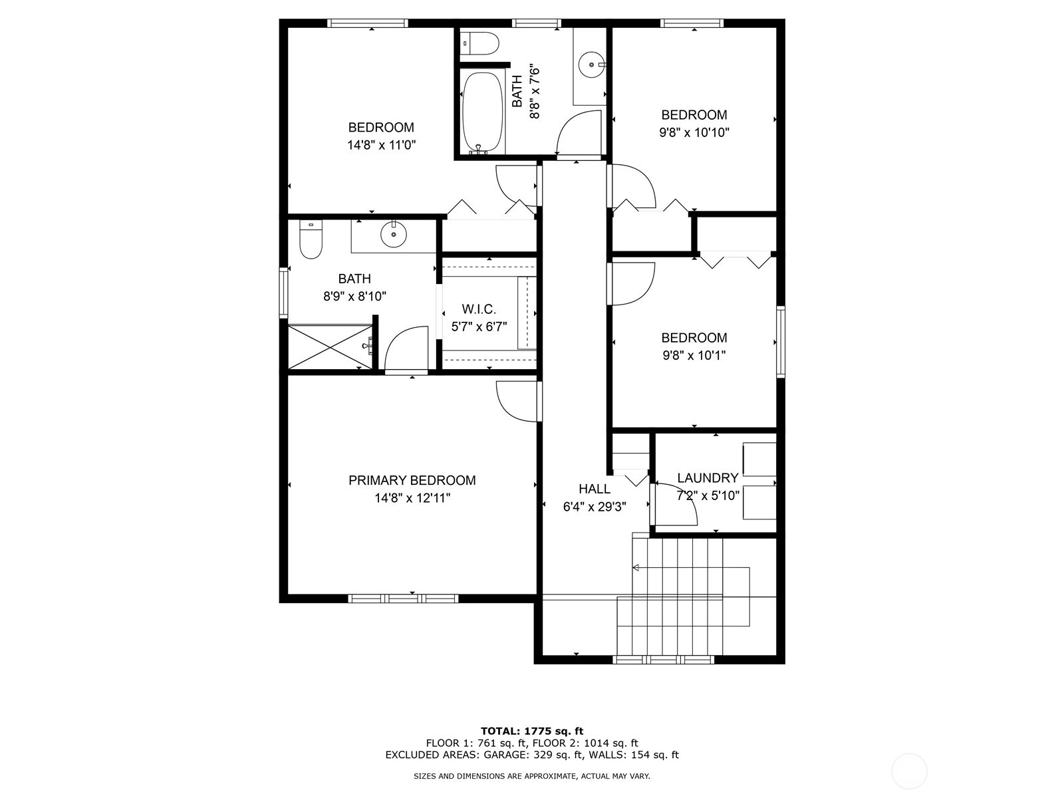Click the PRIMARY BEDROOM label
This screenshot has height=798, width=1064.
(x=412, y=480)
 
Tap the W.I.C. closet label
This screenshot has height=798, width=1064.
(x=479, y=309)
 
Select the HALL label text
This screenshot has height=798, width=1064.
(x=595, y=489)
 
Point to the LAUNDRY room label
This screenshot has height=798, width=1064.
(x=708, y=478)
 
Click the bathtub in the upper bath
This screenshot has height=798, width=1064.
(x=482, y=112)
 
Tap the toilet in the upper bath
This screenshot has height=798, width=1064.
(x=479, y=44)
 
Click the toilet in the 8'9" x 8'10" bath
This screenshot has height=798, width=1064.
(x=311, y=239)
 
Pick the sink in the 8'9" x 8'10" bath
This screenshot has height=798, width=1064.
(x=393, y=235)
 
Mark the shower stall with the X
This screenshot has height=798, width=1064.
(x=330, y=347)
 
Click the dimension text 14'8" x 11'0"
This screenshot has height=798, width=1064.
(x=382, y=145)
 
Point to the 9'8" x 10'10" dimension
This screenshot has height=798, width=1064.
(x=694, y=132)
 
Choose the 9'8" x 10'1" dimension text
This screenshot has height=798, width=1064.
(x=694, y=356)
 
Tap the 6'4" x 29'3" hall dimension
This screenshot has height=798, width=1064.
(x=595, y=507)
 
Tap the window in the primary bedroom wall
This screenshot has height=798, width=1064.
(x=403, y=598)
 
